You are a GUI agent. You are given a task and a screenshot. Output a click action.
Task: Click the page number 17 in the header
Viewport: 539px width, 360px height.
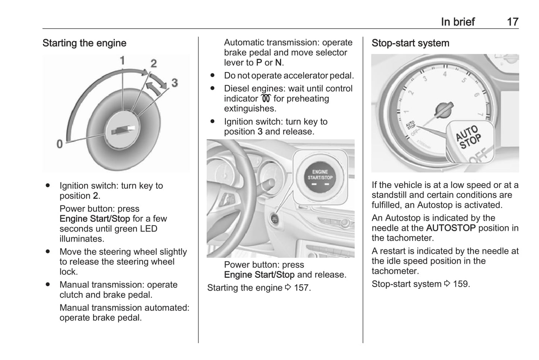[513, 22]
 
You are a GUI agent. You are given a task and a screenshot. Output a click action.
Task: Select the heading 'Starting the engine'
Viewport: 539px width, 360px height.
[84, 43]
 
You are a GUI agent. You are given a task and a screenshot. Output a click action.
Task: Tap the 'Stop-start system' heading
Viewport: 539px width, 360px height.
[410, 43]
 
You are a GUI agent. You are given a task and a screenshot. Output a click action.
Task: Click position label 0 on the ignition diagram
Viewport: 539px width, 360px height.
[60, 144]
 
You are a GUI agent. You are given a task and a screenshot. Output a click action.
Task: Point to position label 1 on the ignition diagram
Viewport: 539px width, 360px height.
[122, 60]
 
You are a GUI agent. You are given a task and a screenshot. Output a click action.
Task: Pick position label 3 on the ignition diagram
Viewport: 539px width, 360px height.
[174, 83]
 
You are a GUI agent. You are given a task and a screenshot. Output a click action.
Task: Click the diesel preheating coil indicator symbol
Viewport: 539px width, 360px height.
[266, 98]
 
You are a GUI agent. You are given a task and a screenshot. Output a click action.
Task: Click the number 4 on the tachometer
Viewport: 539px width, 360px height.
[445, 74]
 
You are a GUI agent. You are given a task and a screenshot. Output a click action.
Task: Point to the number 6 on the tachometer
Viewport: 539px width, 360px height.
[476, 95]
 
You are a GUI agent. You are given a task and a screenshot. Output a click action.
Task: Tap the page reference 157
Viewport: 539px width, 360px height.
[301, 288]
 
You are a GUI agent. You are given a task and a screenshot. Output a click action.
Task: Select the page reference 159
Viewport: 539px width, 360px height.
[461, 284]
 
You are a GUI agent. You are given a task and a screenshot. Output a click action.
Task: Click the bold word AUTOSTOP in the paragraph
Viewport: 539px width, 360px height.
[451, 228]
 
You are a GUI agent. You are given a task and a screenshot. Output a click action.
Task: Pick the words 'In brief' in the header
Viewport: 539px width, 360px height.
[458, 22]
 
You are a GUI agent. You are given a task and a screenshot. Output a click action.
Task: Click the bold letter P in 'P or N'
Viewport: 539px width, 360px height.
[259, 63]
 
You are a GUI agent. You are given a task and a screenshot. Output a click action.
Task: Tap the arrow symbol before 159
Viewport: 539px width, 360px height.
[447, 284]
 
